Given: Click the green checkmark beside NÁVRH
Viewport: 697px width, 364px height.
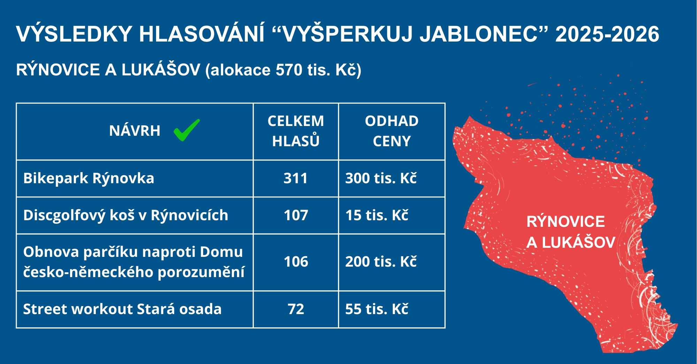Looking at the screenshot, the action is [x=186, y=130].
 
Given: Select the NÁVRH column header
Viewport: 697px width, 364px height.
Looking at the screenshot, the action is [x=135, y=131].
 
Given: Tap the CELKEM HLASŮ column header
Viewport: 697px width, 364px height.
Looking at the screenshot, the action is [x=296, y=131].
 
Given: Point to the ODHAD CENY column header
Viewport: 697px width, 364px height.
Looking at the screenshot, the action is [x=392, y=131].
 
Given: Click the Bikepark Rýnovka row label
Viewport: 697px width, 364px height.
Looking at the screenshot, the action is [x=89, y=178].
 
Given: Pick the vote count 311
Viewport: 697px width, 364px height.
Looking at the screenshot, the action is [x=296, y=178].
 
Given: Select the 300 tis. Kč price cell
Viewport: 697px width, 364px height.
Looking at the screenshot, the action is [x=381, y=178].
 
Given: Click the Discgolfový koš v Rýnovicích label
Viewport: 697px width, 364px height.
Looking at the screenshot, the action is [x=125, y=215].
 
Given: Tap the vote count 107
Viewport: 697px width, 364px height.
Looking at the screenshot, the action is [x=296, y=215].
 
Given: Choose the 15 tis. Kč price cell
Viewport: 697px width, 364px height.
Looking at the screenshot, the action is [x=377, y=215].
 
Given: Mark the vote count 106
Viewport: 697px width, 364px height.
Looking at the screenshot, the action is [x=296, y=262].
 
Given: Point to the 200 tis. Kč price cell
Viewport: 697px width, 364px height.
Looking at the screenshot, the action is [x=381, y=261].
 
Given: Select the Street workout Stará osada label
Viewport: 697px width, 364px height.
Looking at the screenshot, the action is [x=122, y=309].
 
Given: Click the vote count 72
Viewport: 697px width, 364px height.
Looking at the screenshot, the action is [x=296, y=309].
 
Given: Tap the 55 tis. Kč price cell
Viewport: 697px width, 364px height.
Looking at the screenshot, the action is [x=377, y=309].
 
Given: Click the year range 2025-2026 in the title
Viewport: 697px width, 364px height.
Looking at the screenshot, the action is [x=607, y=34].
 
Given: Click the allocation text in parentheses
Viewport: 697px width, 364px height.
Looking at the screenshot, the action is [x=283, y=70].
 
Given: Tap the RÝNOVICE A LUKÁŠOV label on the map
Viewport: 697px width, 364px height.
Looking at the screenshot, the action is [x=570, y=232].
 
